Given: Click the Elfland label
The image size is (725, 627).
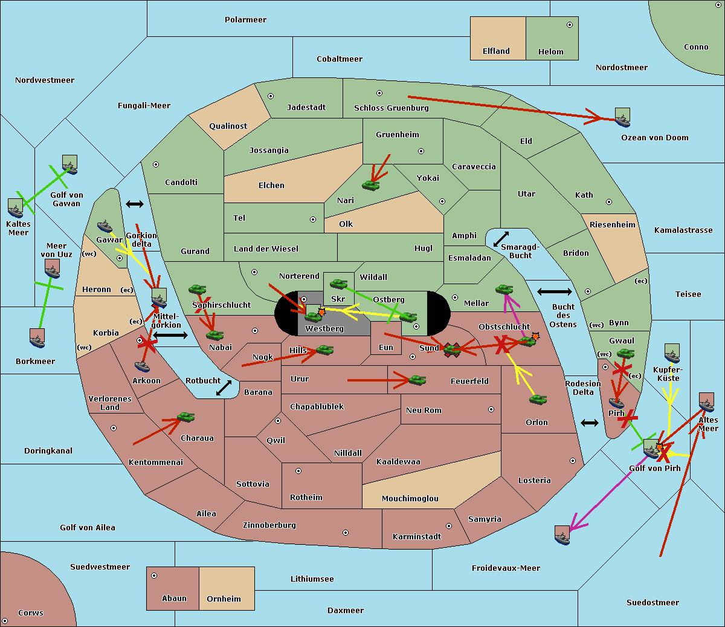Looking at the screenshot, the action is [x=496, y=51].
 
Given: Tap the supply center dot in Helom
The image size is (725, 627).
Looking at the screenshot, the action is [x=570, y=25].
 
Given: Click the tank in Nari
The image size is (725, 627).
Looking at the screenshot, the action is [x=371, y=186].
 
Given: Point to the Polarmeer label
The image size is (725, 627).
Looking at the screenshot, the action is [x=245, y=20].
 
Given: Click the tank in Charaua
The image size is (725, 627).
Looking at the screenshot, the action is [x=185, y=417].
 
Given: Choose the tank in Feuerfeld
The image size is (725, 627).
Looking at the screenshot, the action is [x=417, y=380].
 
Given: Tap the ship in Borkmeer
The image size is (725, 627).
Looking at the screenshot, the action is [x=37, y=338].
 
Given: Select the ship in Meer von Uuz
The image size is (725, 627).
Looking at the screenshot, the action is [x=53, y=268].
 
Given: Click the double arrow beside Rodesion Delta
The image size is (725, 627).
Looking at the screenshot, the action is [x=590, y=423].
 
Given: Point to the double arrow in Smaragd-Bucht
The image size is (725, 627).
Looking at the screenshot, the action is [x=501, y=239].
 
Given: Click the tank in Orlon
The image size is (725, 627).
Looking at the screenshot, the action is [x=538, y=400].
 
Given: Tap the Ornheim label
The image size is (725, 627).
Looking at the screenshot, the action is [x=224, y=599].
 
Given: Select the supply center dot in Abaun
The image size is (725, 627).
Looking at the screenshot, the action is [x=154, y=576].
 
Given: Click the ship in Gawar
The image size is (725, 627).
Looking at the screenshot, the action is [x=105, y=226].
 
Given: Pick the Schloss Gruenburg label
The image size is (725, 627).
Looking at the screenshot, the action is [x=391, y=108].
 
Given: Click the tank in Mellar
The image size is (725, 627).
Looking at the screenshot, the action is [x=504, y=289].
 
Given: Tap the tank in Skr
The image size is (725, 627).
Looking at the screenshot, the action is [x=338, y=284].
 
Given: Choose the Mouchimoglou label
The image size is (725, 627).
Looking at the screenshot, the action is [x=410, y=498].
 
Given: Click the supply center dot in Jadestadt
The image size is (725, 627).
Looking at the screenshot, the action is [x=271, y=96].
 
